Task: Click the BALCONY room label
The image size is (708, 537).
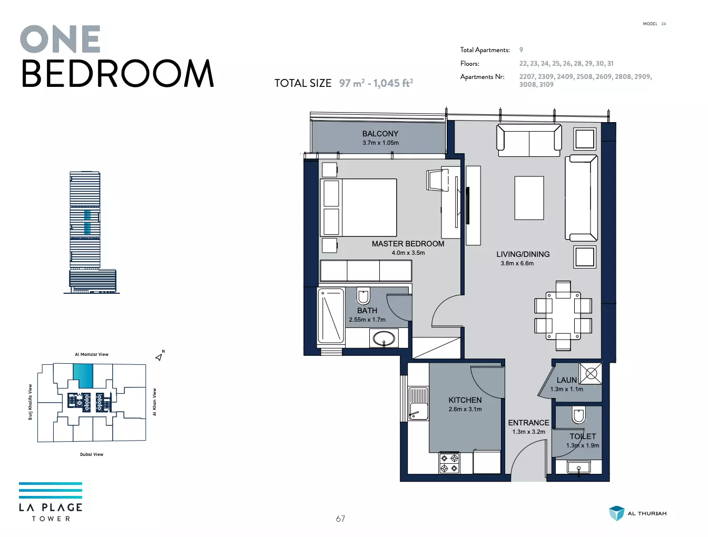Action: point(380,134)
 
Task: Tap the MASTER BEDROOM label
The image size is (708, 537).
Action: point(408,244)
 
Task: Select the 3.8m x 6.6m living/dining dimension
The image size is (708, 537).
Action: point(517,263)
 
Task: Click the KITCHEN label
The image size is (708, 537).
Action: point(465,400)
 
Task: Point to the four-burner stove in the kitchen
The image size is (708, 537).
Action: point(449,463)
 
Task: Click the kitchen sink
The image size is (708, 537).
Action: point(418,404)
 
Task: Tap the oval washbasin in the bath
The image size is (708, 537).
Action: point(383,339)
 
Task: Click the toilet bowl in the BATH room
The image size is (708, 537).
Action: point(363,295)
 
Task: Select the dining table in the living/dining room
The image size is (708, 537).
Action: point(563,315)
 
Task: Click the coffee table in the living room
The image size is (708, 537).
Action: point(529,198)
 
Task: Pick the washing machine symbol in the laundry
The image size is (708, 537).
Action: point(591,373)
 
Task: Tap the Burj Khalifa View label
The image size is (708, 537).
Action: point(31,402)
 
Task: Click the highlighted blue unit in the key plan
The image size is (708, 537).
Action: point(83,375)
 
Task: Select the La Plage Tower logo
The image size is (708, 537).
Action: point(51,502)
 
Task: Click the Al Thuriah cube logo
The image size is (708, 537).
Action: point(616,513)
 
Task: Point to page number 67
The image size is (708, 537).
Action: point(340,519)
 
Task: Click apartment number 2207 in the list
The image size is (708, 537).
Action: point(527,77)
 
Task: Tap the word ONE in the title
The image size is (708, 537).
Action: point(61,39)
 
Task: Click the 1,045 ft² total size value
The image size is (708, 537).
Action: point(393,83)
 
